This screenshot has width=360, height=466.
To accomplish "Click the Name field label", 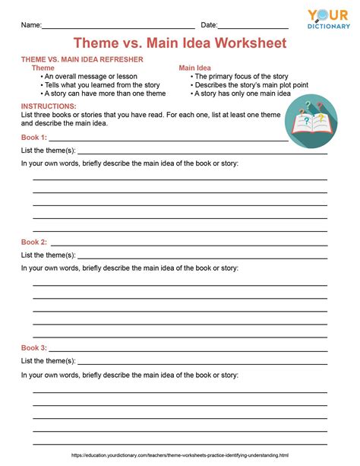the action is coord(30,25).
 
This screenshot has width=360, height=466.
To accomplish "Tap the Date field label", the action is coord(209,25).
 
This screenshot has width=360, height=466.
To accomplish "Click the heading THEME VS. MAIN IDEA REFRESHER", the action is coord(82,59).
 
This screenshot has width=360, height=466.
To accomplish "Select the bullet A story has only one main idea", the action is coord(242,94).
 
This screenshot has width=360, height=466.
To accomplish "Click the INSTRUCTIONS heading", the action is coord(49,106).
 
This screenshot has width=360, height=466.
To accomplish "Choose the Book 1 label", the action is coord(34,138).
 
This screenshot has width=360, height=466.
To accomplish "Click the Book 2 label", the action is coord(34,242).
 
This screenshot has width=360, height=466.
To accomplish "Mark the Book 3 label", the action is coord(34,347).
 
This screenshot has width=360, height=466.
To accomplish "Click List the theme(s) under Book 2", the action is coord(48,255).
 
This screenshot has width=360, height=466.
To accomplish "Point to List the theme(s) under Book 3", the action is coord(48,361).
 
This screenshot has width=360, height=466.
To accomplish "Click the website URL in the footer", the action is coord(180,455).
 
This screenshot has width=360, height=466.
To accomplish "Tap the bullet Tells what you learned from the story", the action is coord(103,85).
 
